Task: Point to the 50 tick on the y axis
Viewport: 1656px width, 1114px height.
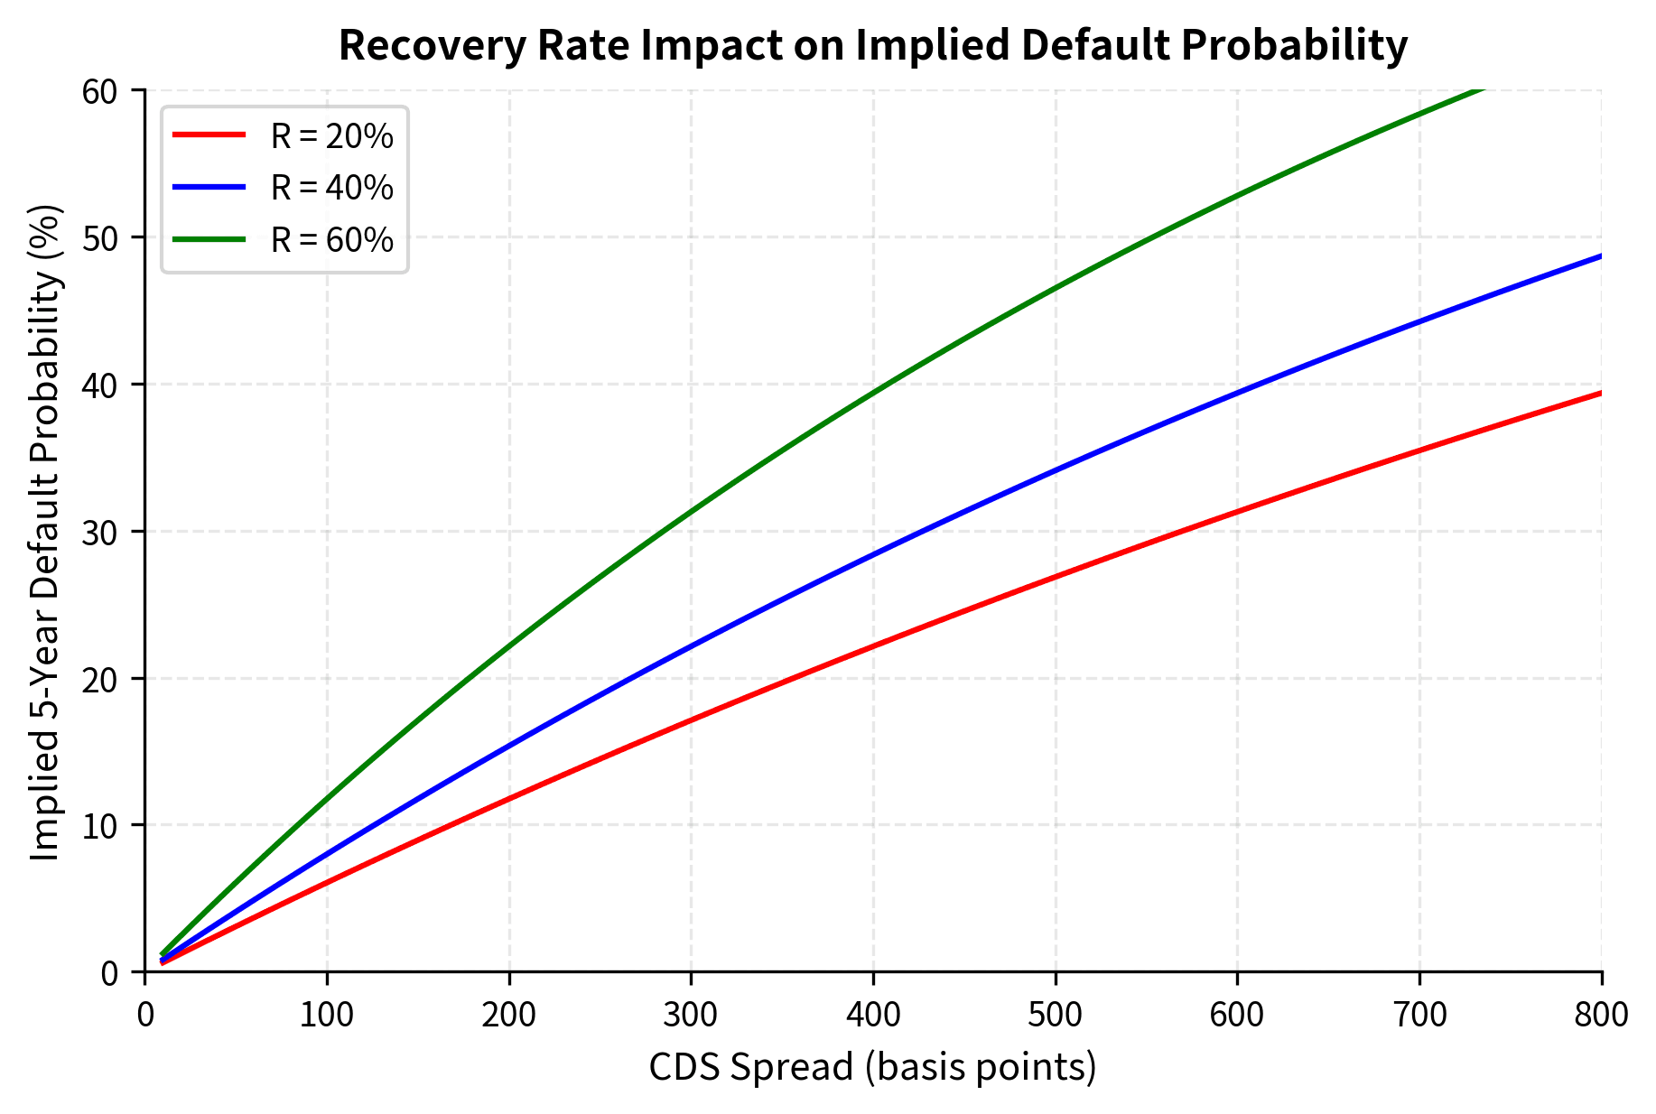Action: pos(100,237)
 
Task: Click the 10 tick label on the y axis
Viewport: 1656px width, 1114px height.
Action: pos(100,825)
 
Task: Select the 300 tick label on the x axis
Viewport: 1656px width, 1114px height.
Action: pos(691,1015)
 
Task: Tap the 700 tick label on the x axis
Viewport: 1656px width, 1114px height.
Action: pos(1419,1015)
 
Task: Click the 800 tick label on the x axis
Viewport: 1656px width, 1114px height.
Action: pos(1601,1015)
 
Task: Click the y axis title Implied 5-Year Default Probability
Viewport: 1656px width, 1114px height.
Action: pos(45,533)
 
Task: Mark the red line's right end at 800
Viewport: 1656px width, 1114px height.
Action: pos(1601,393)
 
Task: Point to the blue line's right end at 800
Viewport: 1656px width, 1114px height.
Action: pos(1601,256)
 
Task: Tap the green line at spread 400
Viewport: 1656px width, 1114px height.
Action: pos(873,392)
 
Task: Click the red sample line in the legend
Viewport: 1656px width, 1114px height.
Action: pos(209,135)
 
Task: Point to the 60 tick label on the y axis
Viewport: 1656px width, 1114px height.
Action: pos(100,91)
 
